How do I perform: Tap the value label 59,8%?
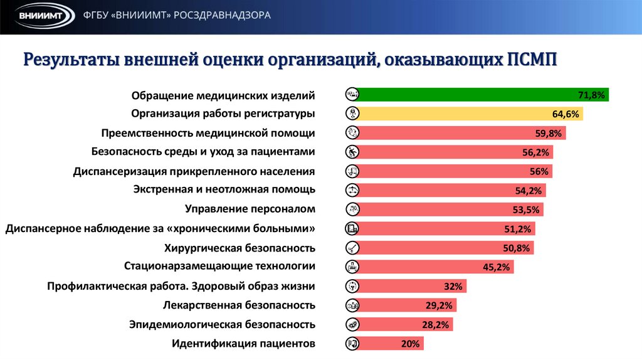pyautogui.click(x=549, y=133)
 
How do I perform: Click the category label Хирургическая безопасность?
pyautogui.click(x=239, y=248)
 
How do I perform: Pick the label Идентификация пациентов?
pyautogui.click(x=243, y=344)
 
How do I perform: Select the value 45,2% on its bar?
pyautogui.click(x=497, y=267)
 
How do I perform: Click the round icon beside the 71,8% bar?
pyautogui.click(x=352, y=95)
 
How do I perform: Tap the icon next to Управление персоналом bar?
pyautogui.click(x=352, y=209)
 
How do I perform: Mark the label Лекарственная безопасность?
pyautogui.click(x=238, y=305)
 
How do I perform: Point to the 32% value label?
pyautogui.click(x=453, y=287)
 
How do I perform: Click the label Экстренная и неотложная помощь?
pyautogui.click(x=224, y=189)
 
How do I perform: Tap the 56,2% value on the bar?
pyautogui.click(x=535, y=152)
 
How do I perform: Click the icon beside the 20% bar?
pyautogui.click(x=352, y=344)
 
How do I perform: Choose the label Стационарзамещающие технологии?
pyautogui.click(x=219, y=266)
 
